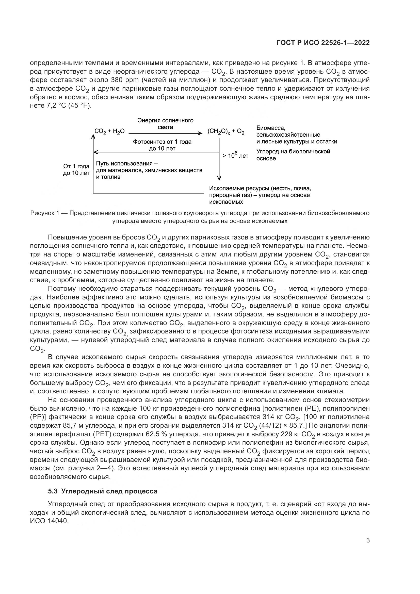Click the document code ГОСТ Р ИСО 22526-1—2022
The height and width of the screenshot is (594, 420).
323,43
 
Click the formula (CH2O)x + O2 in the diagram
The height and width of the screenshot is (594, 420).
226,132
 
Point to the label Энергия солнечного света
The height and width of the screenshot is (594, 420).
165,124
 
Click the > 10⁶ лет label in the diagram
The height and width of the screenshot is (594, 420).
235,155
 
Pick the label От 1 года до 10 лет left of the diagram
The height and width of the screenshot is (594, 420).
76,170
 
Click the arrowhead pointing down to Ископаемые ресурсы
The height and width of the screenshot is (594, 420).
219,178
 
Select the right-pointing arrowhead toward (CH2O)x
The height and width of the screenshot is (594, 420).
200,133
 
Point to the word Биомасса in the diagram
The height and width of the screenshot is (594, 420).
270,128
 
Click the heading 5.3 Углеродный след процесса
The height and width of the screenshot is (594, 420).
103,491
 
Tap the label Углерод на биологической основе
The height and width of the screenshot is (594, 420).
293,155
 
